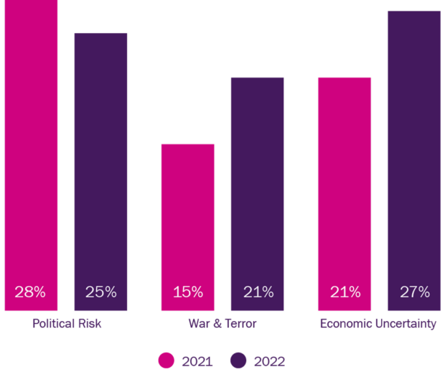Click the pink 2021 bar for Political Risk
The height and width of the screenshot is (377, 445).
tap(30, 144)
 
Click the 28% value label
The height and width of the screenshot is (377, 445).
tap(30, 292)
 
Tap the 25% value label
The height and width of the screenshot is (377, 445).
tap(100, 292)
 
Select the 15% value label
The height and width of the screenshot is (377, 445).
tap(187, 292)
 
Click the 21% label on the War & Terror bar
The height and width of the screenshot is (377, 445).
tap(258, 292)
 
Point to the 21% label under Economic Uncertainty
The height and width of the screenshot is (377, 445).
tap(345, 292)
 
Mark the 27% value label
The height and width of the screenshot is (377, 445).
tap(414, 292)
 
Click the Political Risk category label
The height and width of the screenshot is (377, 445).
tap(67, 323)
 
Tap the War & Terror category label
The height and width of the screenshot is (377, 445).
tap(222, 323)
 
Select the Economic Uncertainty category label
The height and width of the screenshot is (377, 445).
tap(378, 323)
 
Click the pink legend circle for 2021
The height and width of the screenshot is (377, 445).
tap(167, 360)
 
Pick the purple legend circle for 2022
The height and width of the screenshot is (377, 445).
tap(238, 360)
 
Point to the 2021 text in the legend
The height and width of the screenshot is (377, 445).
tap(197, 361)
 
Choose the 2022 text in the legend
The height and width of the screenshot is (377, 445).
tap(269, 361)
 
